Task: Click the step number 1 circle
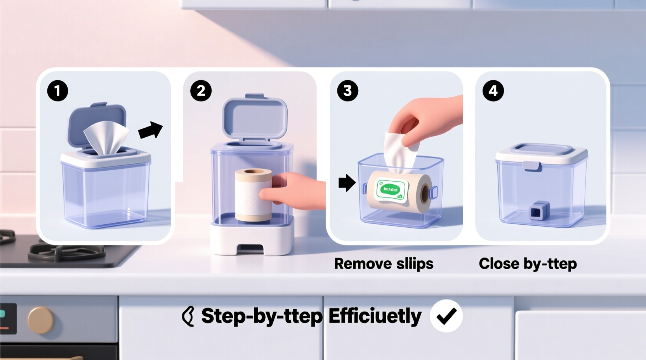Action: tap(57, 91)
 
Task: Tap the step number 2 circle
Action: tap(201, 91)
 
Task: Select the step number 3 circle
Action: tap(347, 91)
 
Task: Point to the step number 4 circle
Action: tap(493, 91)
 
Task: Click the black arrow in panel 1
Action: tap(151, 130)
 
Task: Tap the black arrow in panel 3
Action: tap(347, 183)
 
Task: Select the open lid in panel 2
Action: tap(254, 117)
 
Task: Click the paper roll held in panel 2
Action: tap(253, 195)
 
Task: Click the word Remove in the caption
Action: tap(357, 264)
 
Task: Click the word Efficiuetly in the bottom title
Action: tap(375, 316)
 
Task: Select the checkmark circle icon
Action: tap(446, 316)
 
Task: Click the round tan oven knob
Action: tap(40, 320)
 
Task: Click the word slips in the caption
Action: tap(415, 264)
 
